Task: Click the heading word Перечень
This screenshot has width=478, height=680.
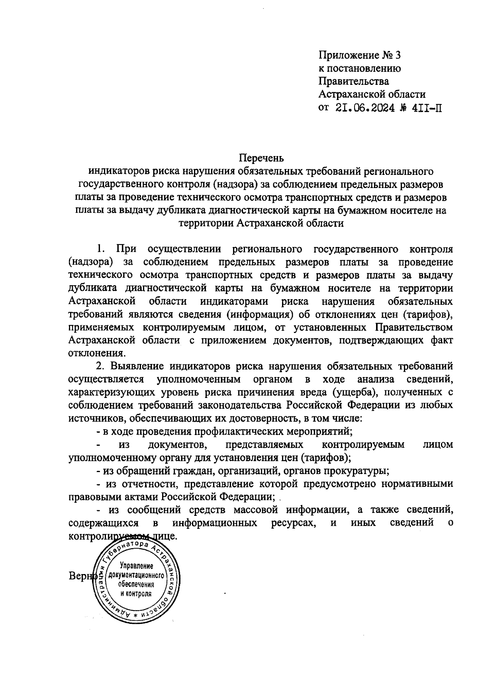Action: pos(261,158)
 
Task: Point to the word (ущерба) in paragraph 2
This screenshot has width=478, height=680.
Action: pos(353,392)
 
